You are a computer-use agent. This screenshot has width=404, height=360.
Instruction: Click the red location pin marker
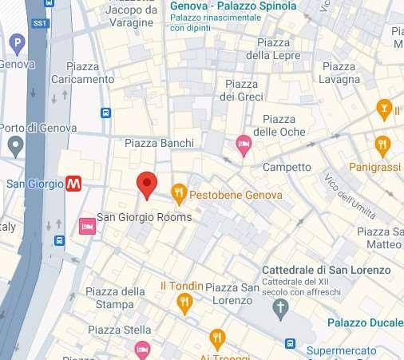point(145,184)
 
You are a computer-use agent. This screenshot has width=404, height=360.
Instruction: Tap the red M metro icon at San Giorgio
point(74,184)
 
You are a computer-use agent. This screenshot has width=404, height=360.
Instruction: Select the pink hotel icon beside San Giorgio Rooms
point(87,227)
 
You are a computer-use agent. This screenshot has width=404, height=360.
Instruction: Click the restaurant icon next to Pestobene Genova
point(179,193)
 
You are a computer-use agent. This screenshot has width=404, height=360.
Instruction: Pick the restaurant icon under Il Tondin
point(186,301)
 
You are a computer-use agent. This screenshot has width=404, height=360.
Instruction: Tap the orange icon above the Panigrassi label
point(382,145)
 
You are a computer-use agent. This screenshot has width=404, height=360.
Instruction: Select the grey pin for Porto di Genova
point(15,145)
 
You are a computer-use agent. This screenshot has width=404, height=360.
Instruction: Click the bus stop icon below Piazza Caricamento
point(105,113)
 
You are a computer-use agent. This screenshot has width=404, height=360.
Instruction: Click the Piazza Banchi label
point(160,143)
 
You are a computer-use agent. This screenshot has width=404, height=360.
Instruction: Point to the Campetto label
point(287,167)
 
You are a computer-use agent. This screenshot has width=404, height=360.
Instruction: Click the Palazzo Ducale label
point(364,322)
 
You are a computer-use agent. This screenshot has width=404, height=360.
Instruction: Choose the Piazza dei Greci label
point(242,90)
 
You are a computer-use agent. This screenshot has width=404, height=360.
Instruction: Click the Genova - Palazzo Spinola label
point(233,6)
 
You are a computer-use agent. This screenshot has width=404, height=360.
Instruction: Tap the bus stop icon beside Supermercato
point(290,343)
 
